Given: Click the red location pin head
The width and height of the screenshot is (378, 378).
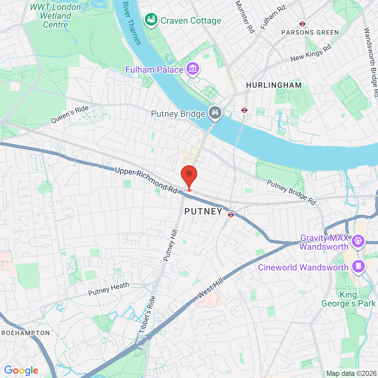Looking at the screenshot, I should point(189,174).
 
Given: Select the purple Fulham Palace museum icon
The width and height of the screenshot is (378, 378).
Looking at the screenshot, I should point(192,69).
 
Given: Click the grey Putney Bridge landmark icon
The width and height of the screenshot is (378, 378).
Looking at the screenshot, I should point(215,112).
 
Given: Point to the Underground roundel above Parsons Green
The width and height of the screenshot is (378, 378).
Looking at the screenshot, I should point(302,24).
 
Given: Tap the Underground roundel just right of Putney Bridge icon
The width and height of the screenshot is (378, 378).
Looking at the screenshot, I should point(244,110).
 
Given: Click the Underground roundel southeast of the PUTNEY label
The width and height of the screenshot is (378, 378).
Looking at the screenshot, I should point(231,215).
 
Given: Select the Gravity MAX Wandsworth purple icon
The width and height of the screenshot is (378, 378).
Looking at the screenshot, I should point(358,241).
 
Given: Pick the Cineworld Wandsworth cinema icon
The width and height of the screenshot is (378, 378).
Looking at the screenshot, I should point(358,266).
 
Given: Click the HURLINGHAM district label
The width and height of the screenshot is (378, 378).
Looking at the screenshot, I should point(274,85).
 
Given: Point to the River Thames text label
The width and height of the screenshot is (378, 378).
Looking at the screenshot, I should point(132,23).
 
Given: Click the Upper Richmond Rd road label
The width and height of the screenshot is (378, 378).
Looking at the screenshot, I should point(146,180).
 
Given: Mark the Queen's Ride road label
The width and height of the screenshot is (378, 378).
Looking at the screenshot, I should point(70,114).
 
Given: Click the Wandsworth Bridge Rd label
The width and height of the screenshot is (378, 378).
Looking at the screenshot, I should point(370,63).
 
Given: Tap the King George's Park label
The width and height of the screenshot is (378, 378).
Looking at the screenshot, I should point(348,299).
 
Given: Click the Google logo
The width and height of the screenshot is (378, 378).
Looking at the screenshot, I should point(21,370).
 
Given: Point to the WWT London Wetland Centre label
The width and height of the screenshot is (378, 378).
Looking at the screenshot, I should point(55,16).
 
